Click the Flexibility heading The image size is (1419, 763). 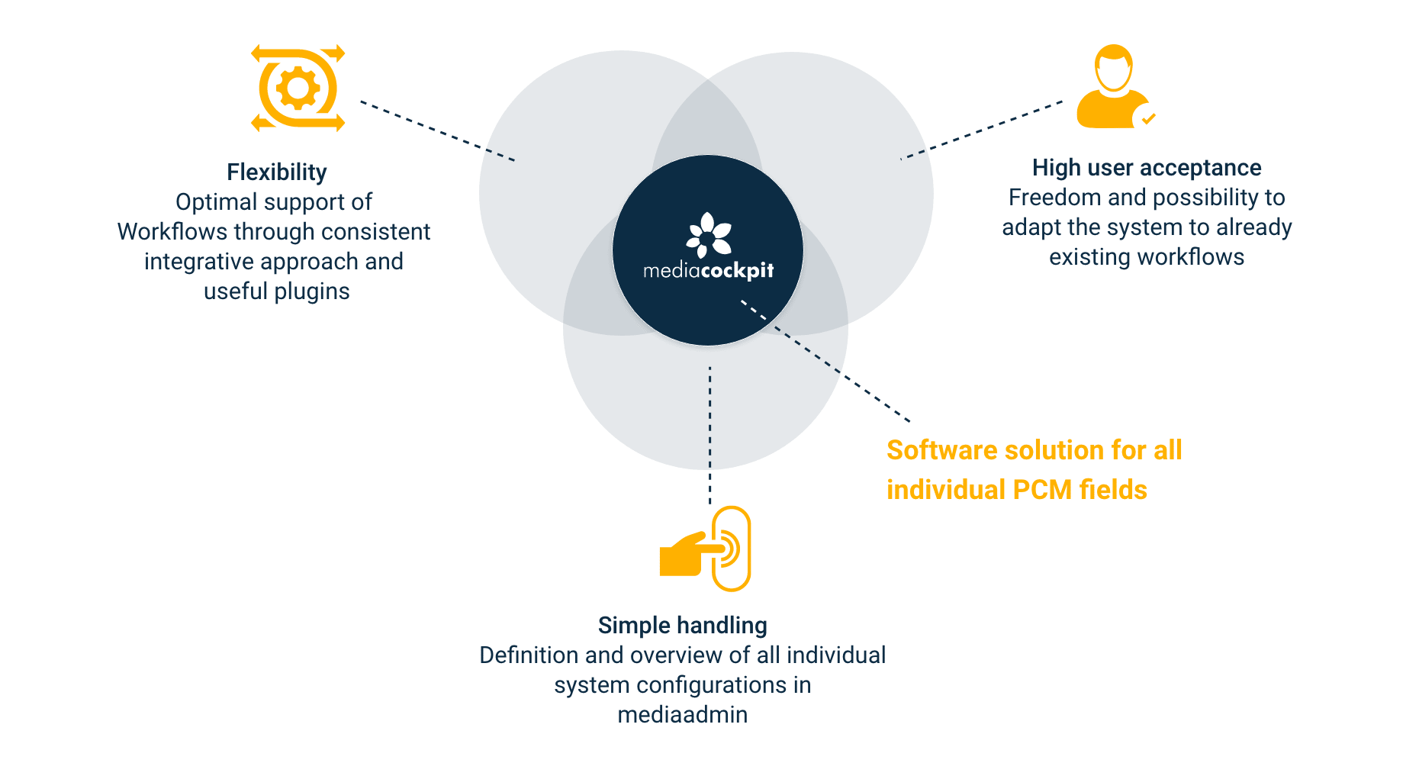point(277,172)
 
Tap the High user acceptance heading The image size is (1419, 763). point(1146,168)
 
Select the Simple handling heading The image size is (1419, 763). point(682,626)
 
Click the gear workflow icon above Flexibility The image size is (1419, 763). point(298,89)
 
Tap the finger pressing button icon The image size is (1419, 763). point(706,549)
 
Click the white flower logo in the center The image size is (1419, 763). point(709,235)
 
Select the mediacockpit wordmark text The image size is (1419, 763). point(709,271)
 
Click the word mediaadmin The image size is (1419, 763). point(682,715)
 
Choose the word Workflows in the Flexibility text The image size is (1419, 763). point(172,232)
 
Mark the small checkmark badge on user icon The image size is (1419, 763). point(1147,118)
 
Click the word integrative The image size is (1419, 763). point(199,262)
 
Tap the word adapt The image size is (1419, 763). point(1031,227)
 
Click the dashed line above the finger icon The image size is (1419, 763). point(710,488)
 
